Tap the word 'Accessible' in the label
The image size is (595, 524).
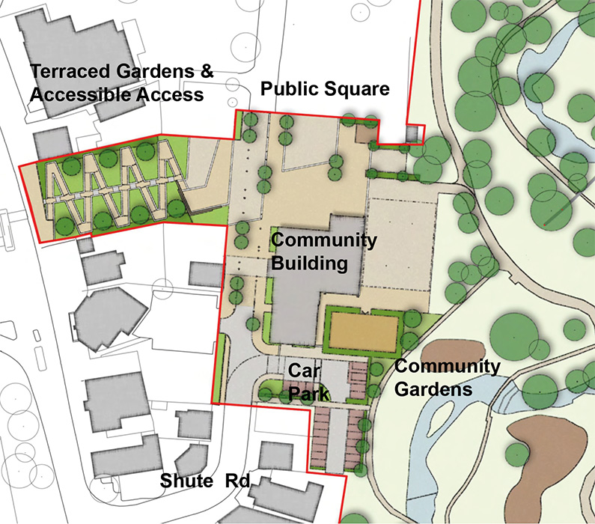(x=73, y=95)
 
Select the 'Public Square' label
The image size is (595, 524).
(x=325, y=90)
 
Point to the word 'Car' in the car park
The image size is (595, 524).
(x=301, y=372)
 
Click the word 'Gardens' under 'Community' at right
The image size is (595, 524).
(x=435, y=390)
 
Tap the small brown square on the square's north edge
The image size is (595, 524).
(x=365, y=132)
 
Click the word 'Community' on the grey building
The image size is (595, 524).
(x=323, y=240)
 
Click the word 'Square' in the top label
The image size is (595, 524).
(x=362, y=90)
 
